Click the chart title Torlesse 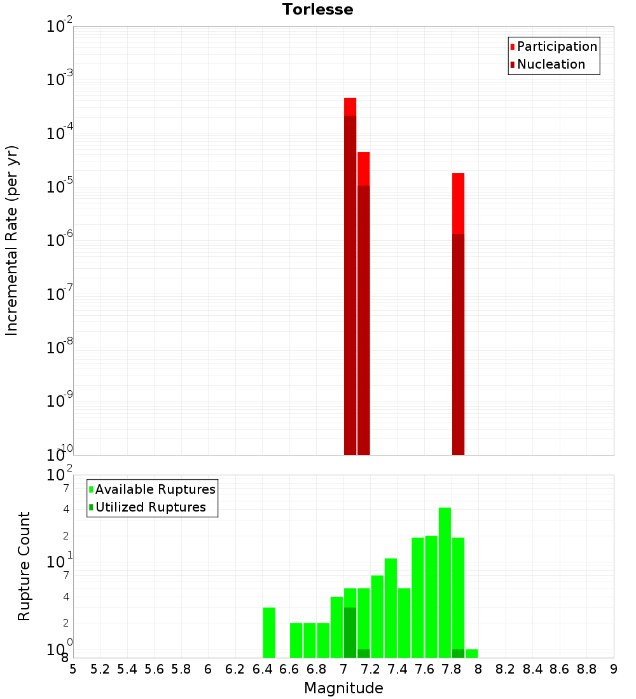(x=318, y=10)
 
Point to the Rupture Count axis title (x=24, y=566)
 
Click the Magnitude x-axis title (x=343, y=688)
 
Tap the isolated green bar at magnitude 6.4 (x=269, y=632)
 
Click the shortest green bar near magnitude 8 (x=471, y=653)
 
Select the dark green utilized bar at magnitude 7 (x=350, y=632)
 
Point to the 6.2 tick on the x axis (x=235, y=669)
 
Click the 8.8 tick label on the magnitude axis (x=586, y=669)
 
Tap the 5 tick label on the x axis (x=73, y=669)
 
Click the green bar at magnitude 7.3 (x=377, y=616)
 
